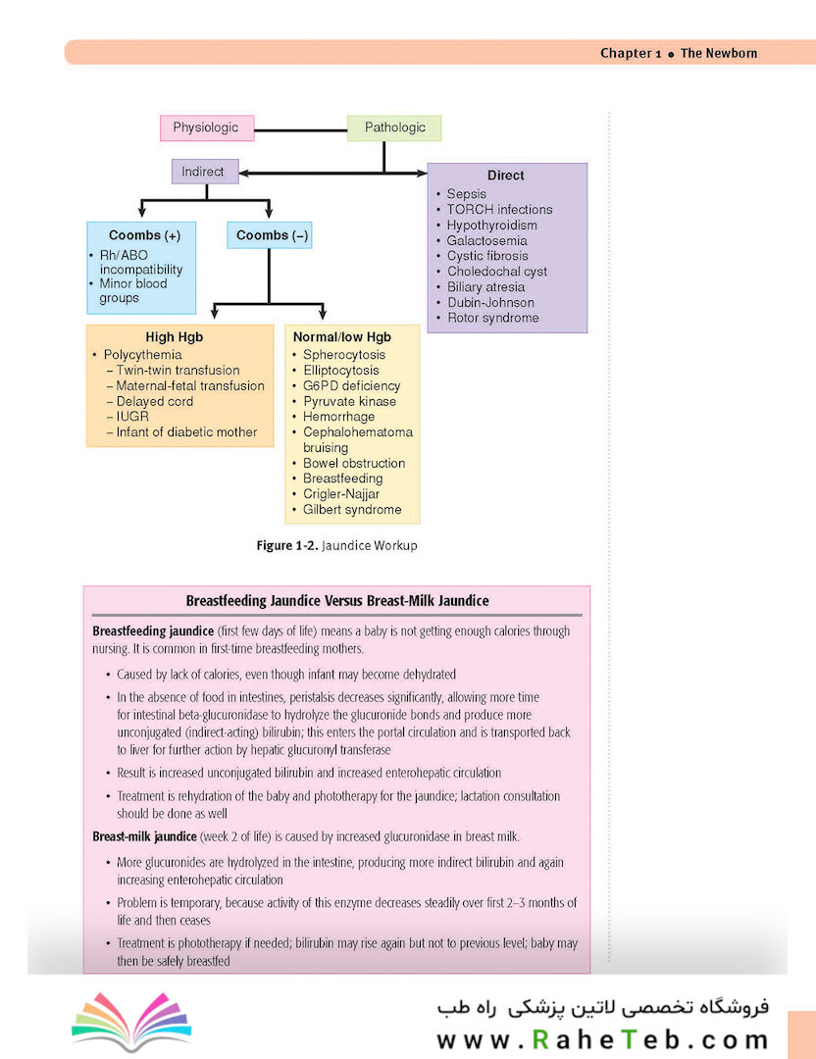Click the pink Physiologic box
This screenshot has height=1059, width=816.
(207, 127)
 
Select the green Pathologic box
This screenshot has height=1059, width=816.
(394, 127)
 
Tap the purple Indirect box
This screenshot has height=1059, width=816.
(205, 172)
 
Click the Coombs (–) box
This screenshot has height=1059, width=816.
(270, 235)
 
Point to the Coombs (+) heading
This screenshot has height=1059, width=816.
(144, 235)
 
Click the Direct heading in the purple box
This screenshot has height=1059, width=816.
(506, 175)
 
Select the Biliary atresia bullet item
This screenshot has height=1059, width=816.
(485, 287)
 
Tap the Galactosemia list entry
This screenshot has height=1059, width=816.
(486, 240)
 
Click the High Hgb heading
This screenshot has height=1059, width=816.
(175, 337)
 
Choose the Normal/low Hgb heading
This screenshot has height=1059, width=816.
(342, 337)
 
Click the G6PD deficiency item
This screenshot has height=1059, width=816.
(351, 385)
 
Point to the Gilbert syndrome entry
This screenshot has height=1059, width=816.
(352, 509)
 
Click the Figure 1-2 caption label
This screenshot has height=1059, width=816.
(286, 545)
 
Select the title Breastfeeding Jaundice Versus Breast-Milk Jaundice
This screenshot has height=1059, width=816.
(337, 600)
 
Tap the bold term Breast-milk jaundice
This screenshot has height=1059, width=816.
(144, 836)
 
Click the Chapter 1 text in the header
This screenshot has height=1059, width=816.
(631, 53)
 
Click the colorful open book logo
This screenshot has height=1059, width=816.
(131, 1021)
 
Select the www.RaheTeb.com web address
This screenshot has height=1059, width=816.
(602, 1038)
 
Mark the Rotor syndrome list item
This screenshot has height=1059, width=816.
(493, 318)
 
